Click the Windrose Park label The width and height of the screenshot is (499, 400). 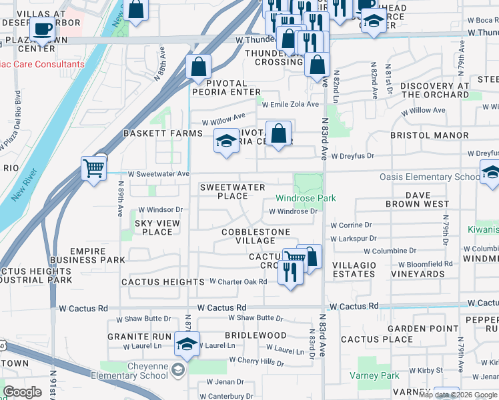coord(306,198)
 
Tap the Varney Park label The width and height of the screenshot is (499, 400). coord(378,376)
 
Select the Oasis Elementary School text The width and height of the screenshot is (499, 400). coord(430,177)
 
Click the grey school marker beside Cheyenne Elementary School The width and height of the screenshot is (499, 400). coord(178,370)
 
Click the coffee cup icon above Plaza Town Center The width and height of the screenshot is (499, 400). coord(43,30)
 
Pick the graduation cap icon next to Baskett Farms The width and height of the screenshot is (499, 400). coord(226,141)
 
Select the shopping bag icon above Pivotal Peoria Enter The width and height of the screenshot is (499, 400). coord(199,66)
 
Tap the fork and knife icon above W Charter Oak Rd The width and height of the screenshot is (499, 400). coord(290,271)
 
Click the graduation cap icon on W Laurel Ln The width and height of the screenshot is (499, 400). coord(187,344)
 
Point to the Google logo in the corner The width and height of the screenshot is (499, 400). coord(22,392)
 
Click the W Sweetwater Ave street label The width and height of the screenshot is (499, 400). coord(158,174)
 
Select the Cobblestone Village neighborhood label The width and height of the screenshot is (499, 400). coord(256,236)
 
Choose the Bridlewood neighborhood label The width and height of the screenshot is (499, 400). coord(256,335)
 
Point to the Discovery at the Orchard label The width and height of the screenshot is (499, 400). coord(434,90)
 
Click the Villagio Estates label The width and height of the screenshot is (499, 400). coord(354,269)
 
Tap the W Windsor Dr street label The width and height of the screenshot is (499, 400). coord(156,209)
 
